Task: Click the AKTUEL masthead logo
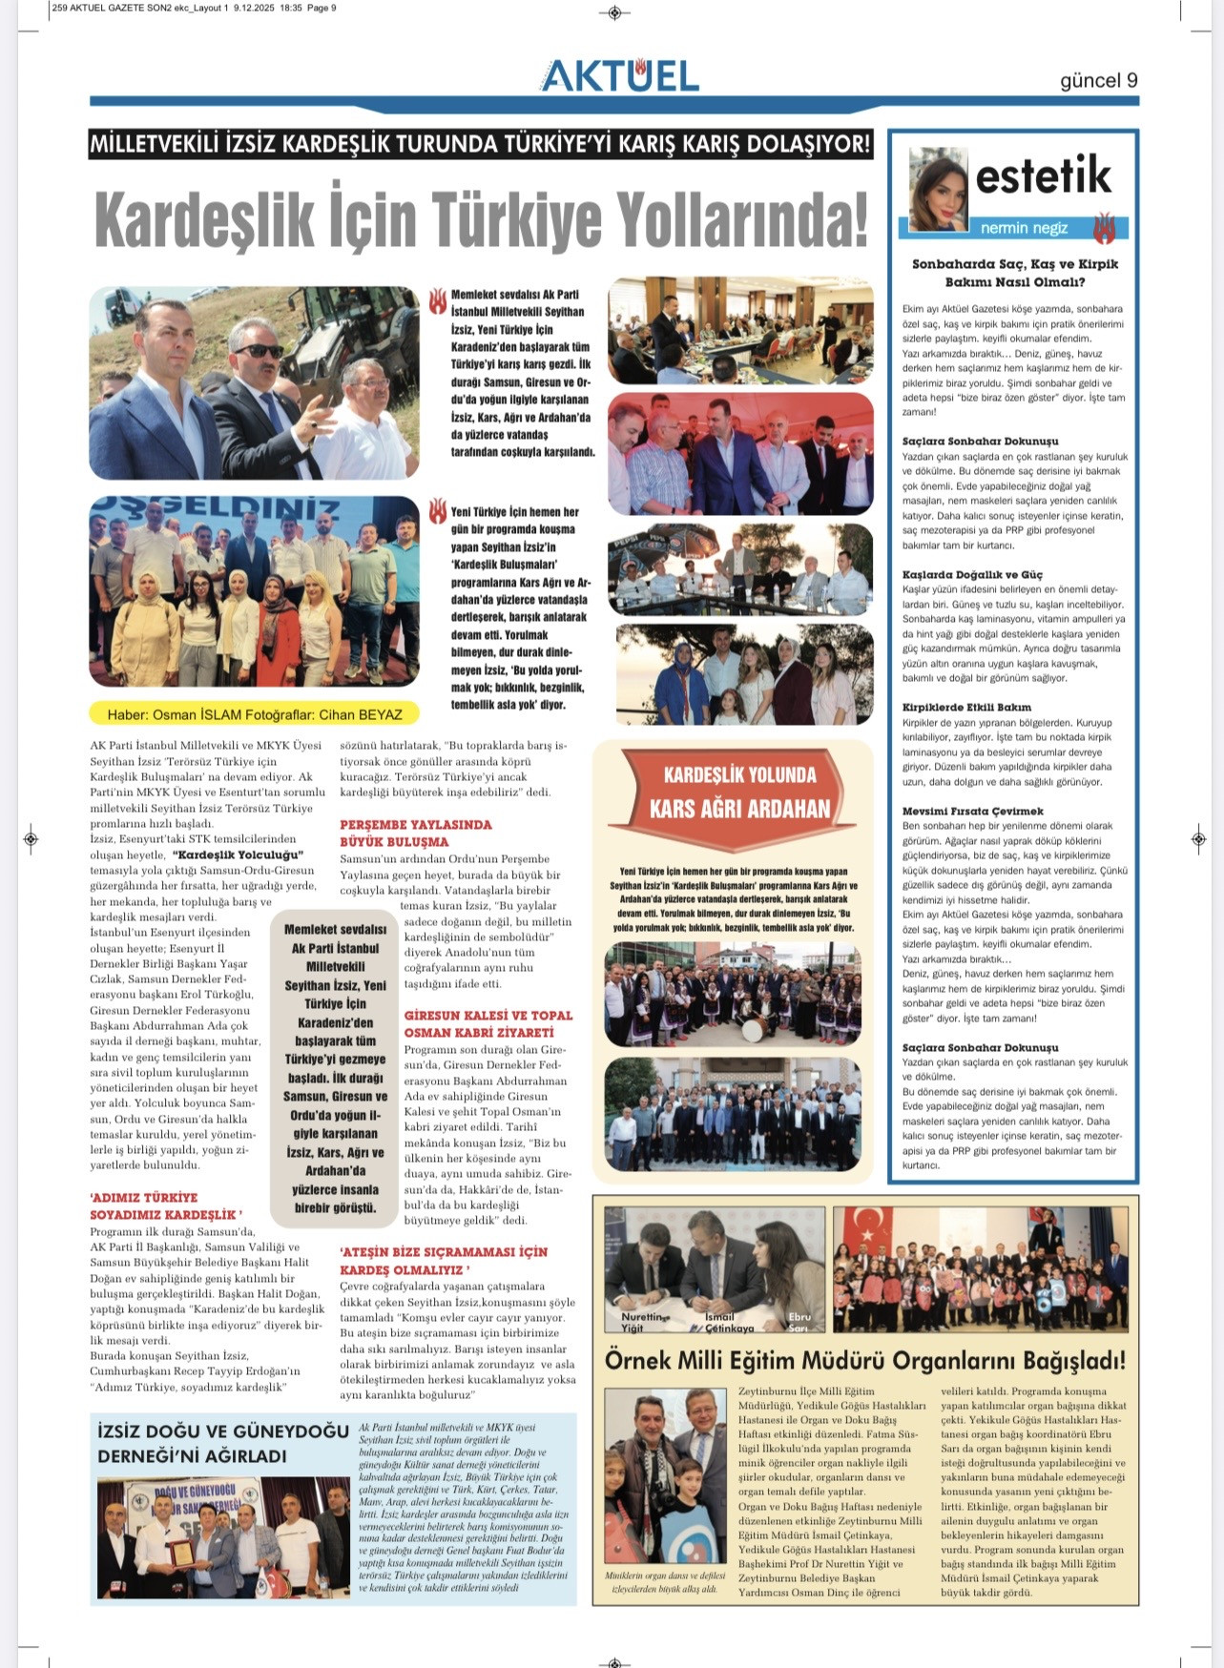619,75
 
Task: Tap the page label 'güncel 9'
1098,80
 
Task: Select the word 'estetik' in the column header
1043,175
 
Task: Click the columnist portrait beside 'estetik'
938,190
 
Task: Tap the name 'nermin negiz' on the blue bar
1024,228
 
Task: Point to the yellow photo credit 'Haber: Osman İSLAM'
254,713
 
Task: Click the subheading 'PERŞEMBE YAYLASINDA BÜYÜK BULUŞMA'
416,833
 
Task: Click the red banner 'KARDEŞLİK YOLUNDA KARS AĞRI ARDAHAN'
739,792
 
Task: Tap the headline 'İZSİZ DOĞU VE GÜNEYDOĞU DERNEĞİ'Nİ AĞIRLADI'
223,1442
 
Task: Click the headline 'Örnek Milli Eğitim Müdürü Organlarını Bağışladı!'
864,1360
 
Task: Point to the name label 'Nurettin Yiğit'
641,1321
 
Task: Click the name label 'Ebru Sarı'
799,1322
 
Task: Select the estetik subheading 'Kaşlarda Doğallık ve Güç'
972,575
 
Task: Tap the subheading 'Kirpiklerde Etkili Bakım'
966,708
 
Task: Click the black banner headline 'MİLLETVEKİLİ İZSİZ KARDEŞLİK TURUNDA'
480,144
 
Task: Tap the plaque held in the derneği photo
180,1554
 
